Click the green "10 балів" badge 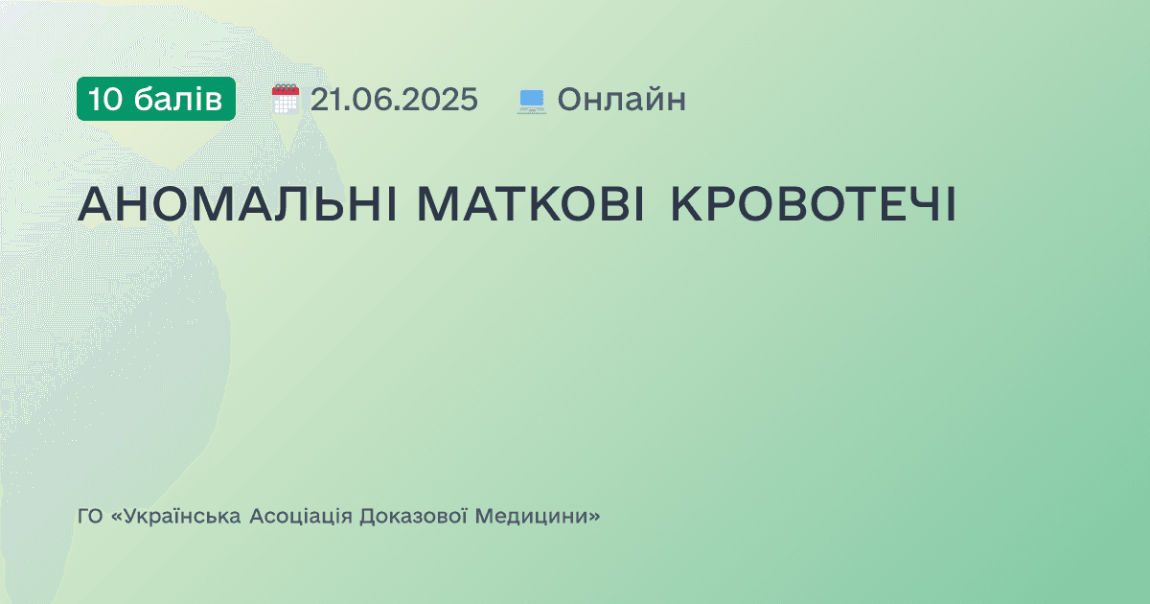[156, 99]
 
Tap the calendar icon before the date [286, 99]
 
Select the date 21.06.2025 [393, 99]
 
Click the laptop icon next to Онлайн [531, 100]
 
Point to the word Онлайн [621, 99]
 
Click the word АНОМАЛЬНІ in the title [238, 203]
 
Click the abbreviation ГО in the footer [89, 517]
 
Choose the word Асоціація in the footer [300, 517]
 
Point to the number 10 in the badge [104, 99]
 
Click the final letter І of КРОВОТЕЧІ [949, 203]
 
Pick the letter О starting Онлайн [569, 99]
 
